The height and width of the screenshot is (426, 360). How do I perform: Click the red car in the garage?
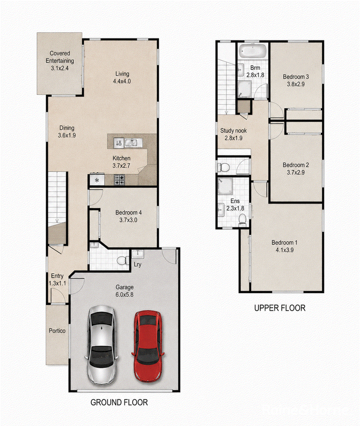tap(148, 346)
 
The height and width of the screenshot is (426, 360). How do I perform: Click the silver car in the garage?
tap(102, 345)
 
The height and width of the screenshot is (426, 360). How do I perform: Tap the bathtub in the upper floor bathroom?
tap(252, 51)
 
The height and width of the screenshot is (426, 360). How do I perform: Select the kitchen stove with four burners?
tap(119, 180)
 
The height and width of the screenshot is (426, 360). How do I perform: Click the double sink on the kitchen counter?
tap(133, 143)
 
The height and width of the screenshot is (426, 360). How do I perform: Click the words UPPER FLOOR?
tap(279, 308)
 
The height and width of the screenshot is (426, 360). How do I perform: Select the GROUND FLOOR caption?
tap(119, 403)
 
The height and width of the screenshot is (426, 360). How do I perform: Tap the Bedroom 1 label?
tap(284, 242)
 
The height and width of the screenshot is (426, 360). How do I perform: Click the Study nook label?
tap(233, 131)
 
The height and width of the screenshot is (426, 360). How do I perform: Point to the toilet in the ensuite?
tap(242, 219)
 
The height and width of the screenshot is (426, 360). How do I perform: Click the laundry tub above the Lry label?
tap(138, 254)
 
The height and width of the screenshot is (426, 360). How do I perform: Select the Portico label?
tap(57, 331)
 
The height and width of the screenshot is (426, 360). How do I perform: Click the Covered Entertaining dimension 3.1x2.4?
tap(60, 68)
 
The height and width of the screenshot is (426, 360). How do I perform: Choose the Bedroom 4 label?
tap(128, 213)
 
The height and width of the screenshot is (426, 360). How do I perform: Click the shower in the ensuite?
tap(225, 186)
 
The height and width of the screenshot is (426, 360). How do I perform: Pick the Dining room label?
tap(67, 128)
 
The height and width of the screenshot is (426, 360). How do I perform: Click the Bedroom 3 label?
tap(296, 77)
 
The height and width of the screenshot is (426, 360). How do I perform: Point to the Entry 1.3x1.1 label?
tap(57, 279)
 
